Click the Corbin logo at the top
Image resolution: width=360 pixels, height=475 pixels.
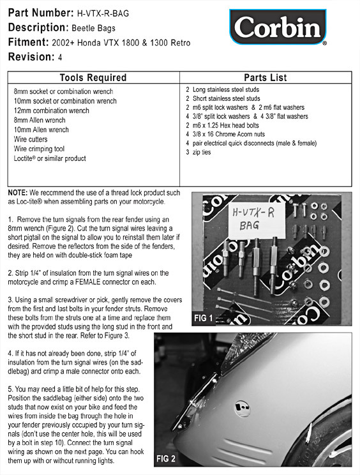pyautogui.click(x=278, y=27)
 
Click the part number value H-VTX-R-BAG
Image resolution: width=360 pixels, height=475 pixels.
pyautogui.click(x=103, y=13)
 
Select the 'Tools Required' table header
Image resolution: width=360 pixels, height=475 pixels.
pyautogui.click(x=93, y=77)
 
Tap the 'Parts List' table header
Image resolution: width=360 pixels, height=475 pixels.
pyautogui.click(x=266, y=77)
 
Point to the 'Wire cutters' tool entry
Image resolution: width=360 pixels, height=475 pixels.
pyautogui.click(x=31, y=139)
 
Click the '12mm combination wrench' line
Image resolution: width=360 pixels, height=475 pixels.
pyautogui.click(x=52, y=110)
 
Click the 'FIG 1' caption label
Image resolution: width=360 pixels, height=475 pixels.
pyautogui.click(x=204, y=318)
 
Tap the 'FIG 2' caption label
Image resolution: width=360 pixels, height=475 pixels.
pyautogui.click(x=166, y=458)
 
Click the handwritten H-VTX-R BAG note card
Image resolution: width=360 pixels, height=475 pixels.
pyautogui.click(x=257, y=220)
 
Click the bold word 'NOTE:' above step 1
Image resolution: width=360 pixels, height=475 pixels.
pyautogui.click(x=18, y=193)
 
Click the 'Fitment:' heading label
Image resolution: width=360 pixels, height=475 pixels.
pyautogui.click(x=29, y=41)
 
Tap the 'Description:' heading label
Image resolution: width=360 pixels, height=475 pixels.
pyautogui.click(x=38, y=27)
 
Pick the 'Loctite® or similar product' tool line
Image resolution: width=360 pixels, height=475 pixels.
pyautogui.click(x=50, y=158)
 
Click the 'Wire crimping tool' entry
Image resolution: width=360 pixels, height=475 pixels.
pyautogui.click(x=39, y=149)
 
